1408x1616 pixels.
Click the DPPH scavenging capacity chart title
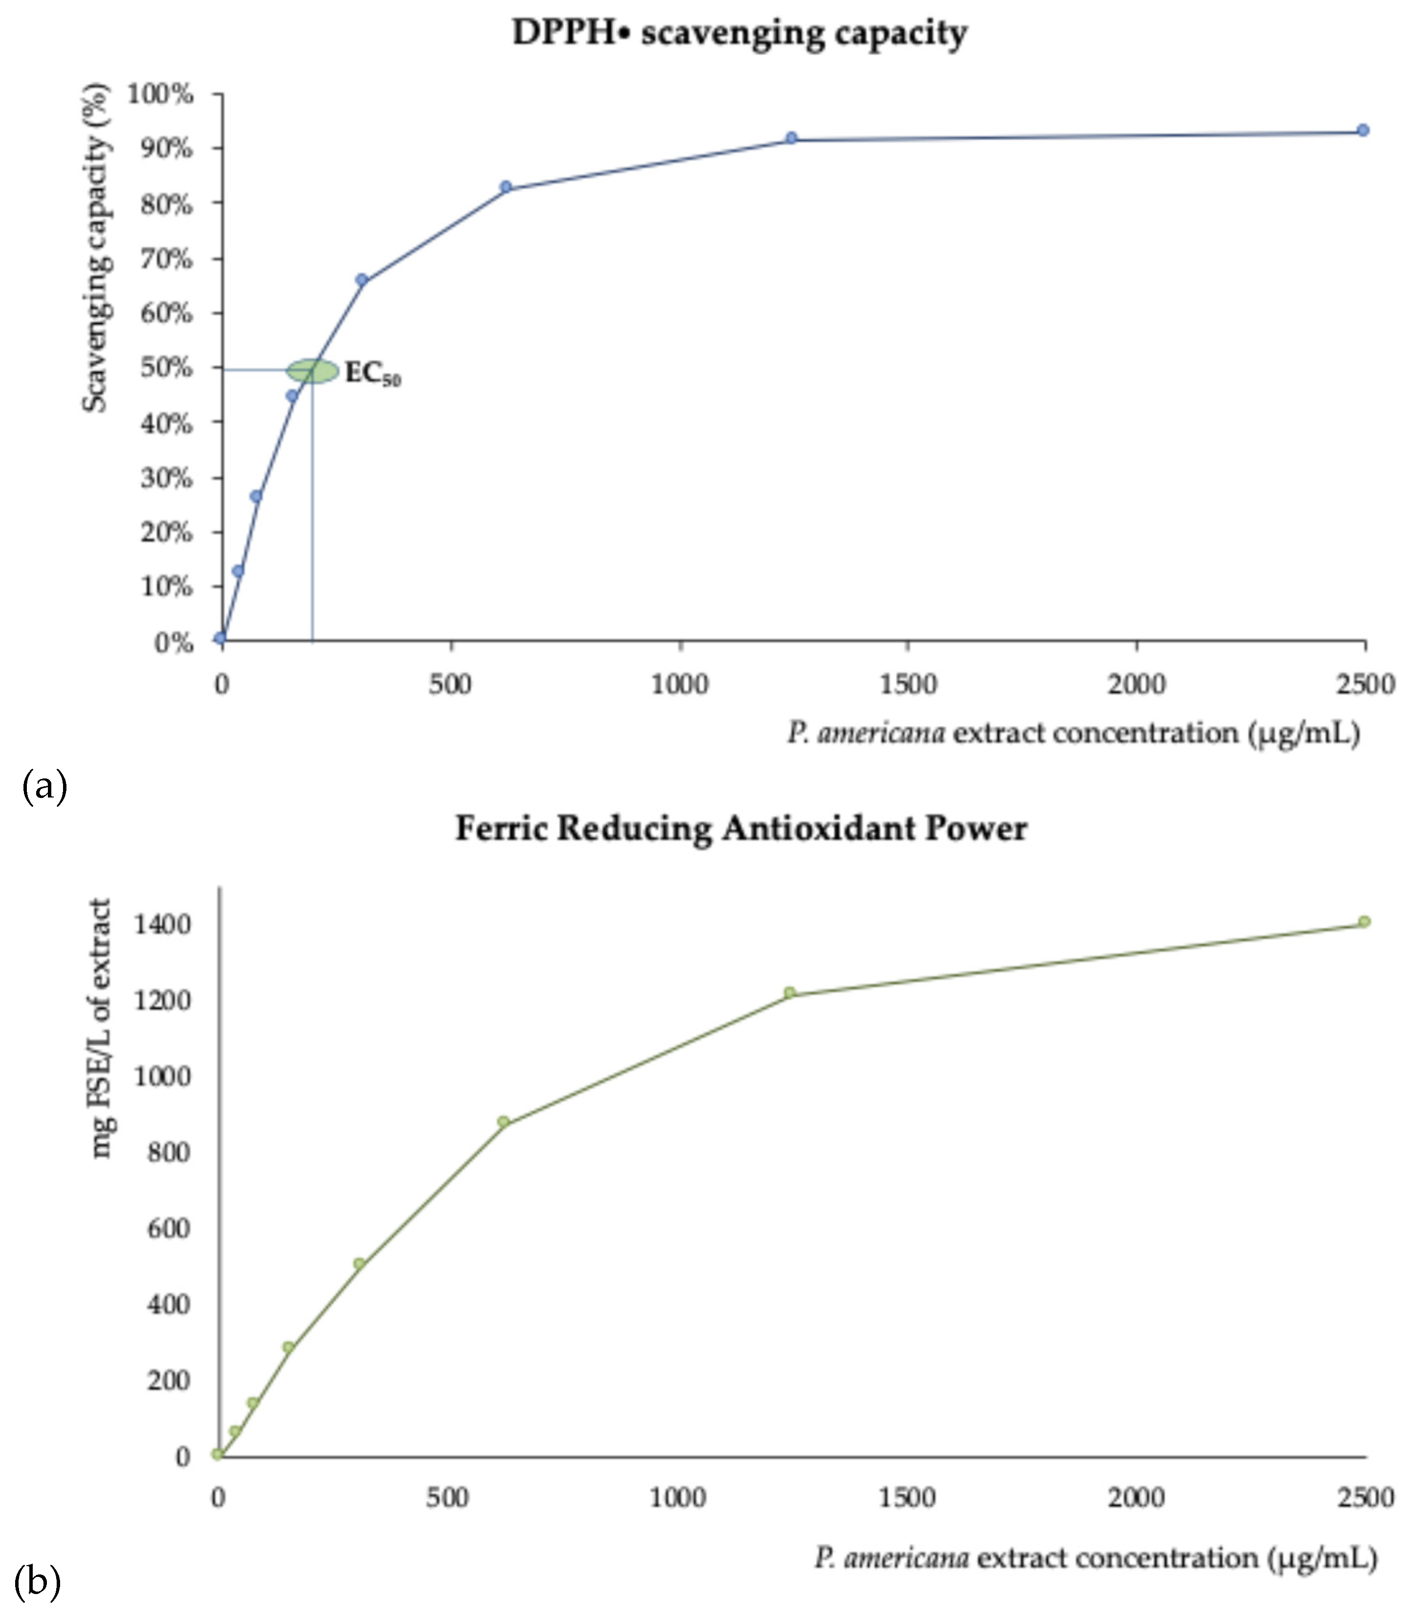click(739, 33)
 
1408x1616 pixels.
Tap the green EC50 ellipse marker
click(313, 371)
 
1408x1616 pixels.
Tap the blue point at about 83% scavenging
click(506, 187)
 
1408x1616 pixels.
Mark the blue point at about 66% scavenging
click(362, 280)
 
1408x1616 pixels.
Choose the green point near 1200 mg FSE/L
click(789, 992)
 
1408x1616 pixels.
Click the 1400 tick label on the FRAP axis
click(163, 925)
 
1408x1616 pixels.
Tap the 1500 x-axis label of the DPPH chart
click(908, 685)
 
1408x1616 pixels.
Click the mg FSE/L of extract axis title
click(101, 1030)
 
